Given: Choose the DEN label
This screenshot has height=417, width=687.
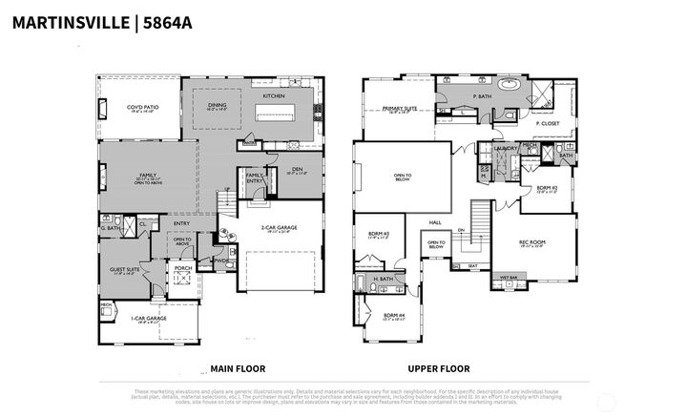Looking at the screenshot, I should tap(297, 169).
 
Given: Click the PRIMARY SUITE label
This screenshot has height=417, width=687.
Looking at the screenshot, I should tap(400, 110).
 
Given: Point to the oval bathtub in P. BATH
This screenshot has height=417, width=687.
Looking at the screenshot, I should tap(509, 85).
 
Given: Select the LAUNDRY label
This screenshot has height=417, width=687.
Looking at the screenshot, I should tap(505, 149).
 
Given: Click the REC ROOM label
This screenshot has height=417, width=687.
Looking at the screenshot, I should tap(531, 242).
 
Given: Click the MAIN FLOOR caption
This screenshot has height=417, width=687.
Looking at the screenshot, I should tap(237, 368).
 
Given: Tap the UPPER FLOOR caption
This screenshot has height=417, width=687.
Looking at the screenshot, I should tap(439, 368).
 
